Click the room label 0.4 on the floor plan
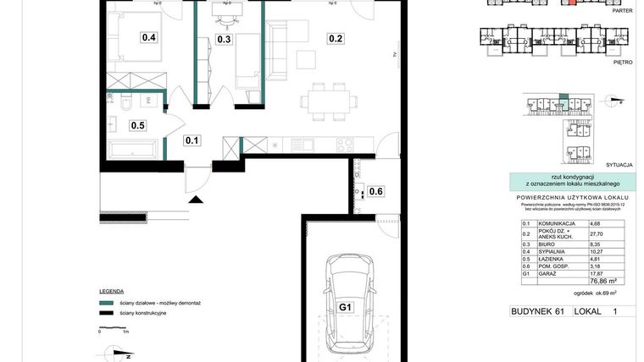pos(149,37)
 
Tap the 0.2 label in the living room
pos(336,38)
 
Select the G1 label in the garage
pos(345,307)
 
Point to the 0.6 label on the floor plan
pos(376,191)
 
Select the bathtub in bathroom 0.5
pos(133,151)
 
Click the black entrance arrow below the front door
pos(197,200)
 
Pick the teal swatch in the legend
pos(106,302)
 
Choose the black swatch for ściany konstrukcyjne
pos(106,313)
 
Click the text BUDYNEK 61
pos(537,312)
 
